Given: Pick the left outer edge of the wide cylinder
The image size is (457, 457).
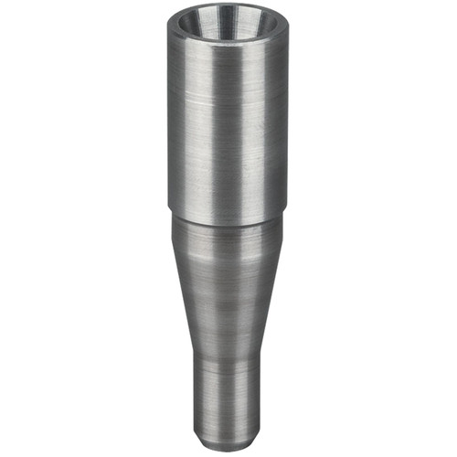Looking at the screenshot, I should [x=169, y=128].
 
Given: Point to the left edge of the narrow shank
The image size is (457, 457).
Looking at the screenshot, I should [x=193, y=402].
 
